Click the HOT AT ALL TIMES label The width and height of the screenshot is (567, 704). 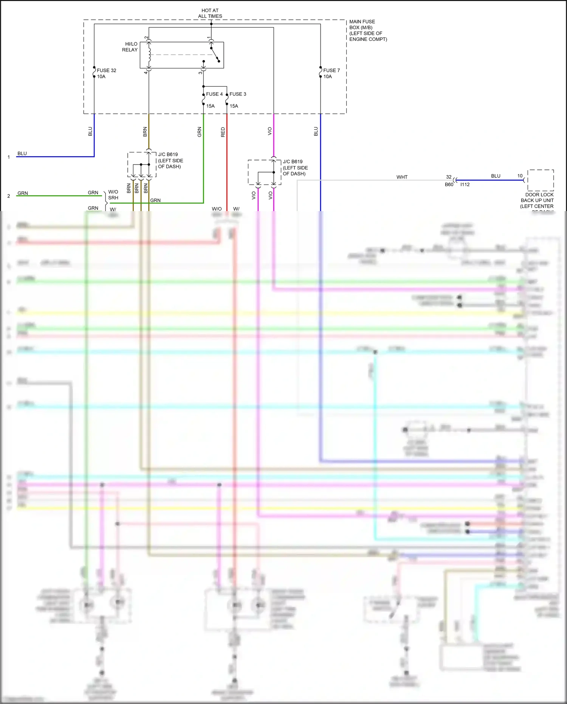tap(210, 13)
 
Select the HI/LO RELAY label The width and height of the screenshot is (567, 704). tap(130, 47)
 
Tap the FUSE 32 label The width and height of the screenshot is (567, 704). tap(106, 70)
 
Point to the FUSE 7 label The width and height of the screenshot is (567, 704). tap(332, 70)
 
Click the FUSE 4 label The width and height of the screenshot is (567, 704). tap(214, 94)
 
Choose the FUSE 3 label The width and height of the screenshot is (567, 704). tap(238, 94)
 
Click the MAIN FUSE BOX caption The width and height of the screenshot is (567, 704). tap(368, 30)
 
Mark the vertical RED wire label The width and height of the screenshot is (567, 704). tap(223, 132)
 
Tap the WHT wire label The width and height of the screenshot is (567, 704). tap(402, 177)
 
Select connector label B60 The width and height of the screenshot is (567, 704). tap(449, 185)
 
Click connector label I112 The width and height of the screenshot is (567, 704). tap(465, 185)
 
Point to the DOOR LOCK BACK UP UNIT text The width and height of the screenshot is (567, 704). tap(537, 200)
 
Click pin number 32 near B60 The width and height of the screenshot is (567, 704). tap(449, 177)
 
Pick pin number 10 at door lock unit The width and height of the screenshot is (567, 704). tap(520, 176)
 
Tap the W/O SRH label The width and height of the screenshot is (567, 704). tap(113, 195)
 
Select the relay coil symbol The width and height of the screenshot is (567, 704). tap(149, 55)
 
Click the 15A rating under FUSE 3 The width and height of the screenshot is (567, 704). tap(234, 106)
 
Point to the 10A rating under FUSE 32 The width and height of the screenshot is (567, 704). tap(101, 76)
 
